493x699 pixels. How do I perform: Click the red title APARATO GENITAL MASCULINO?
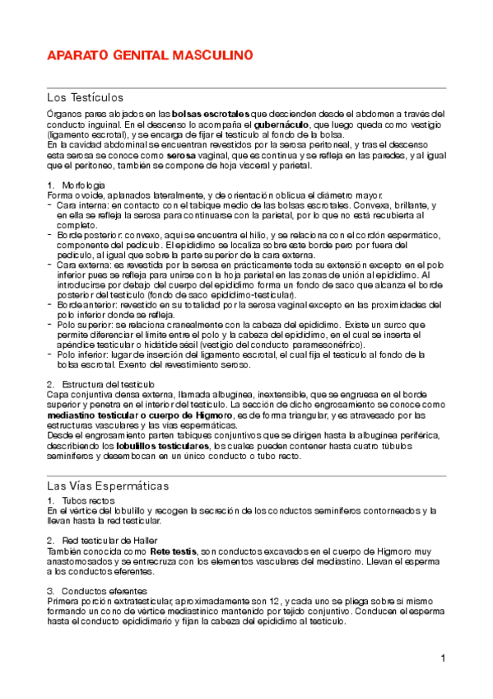click(x=148, y=56)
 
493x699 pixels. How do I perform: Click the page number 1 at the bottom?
click(x=442, y=658)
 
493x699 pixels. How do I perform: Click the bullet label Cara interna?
click(x=81, y=204)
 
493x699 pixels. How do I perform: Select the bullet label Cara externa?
click(x=81, y=265)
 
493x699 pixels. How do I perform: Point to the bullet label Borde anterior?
click(x=86, y=305)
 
